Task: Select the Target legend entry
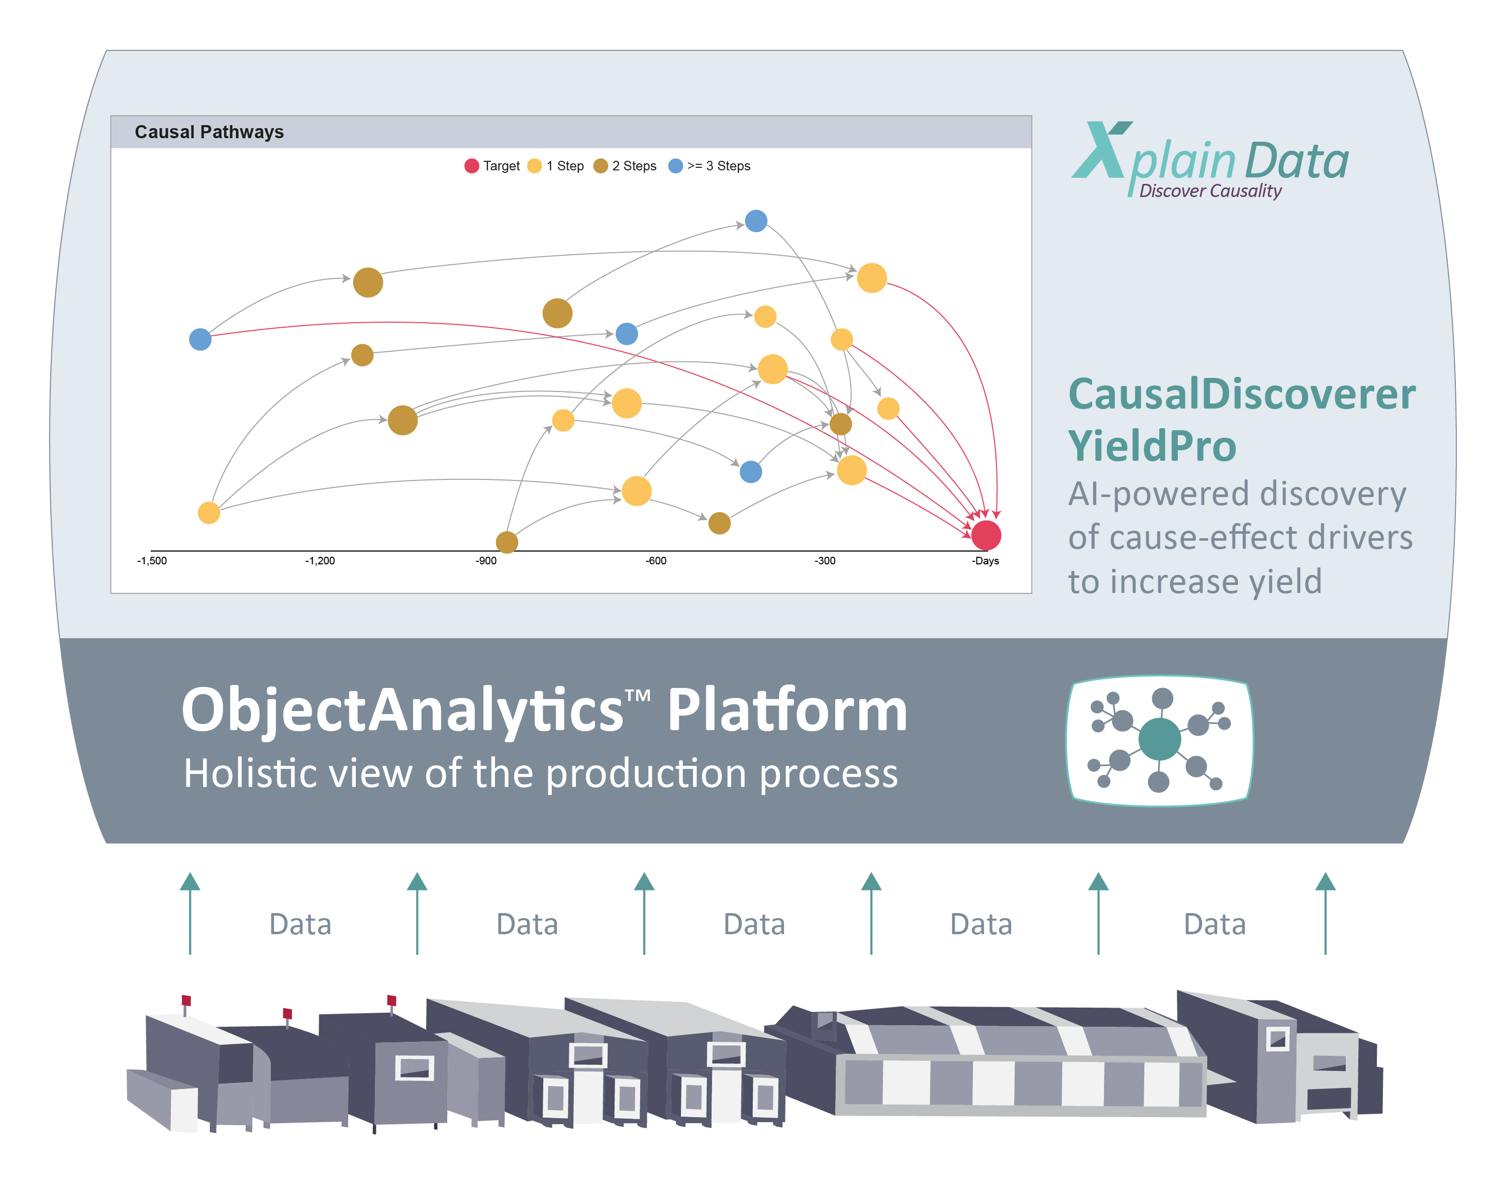pos(492,165)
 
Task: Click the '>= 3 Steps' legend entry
pos(709,165)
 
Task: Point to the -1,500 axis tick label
pos(152,561)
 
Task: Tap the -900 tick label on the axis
pos(485,561)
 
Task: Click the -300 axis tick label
pos(825,561)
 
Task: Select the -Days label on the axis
pos(985,561)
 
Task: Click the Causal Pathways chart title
pos(209,132)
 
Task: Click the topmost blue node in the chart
pos(756,221)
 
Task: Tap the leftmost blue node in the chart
pos(201,340)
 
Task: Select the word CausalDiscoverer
pos(1242,394)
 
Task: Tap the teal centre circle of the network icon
pos(1159,738)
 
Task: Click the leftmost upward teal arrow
pos(190,913)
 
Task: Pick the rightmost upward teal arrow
pos(1325,913)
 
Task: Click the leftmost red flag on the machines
pos(186,1001)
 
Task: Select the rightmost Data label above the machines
pos(1214,924)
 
